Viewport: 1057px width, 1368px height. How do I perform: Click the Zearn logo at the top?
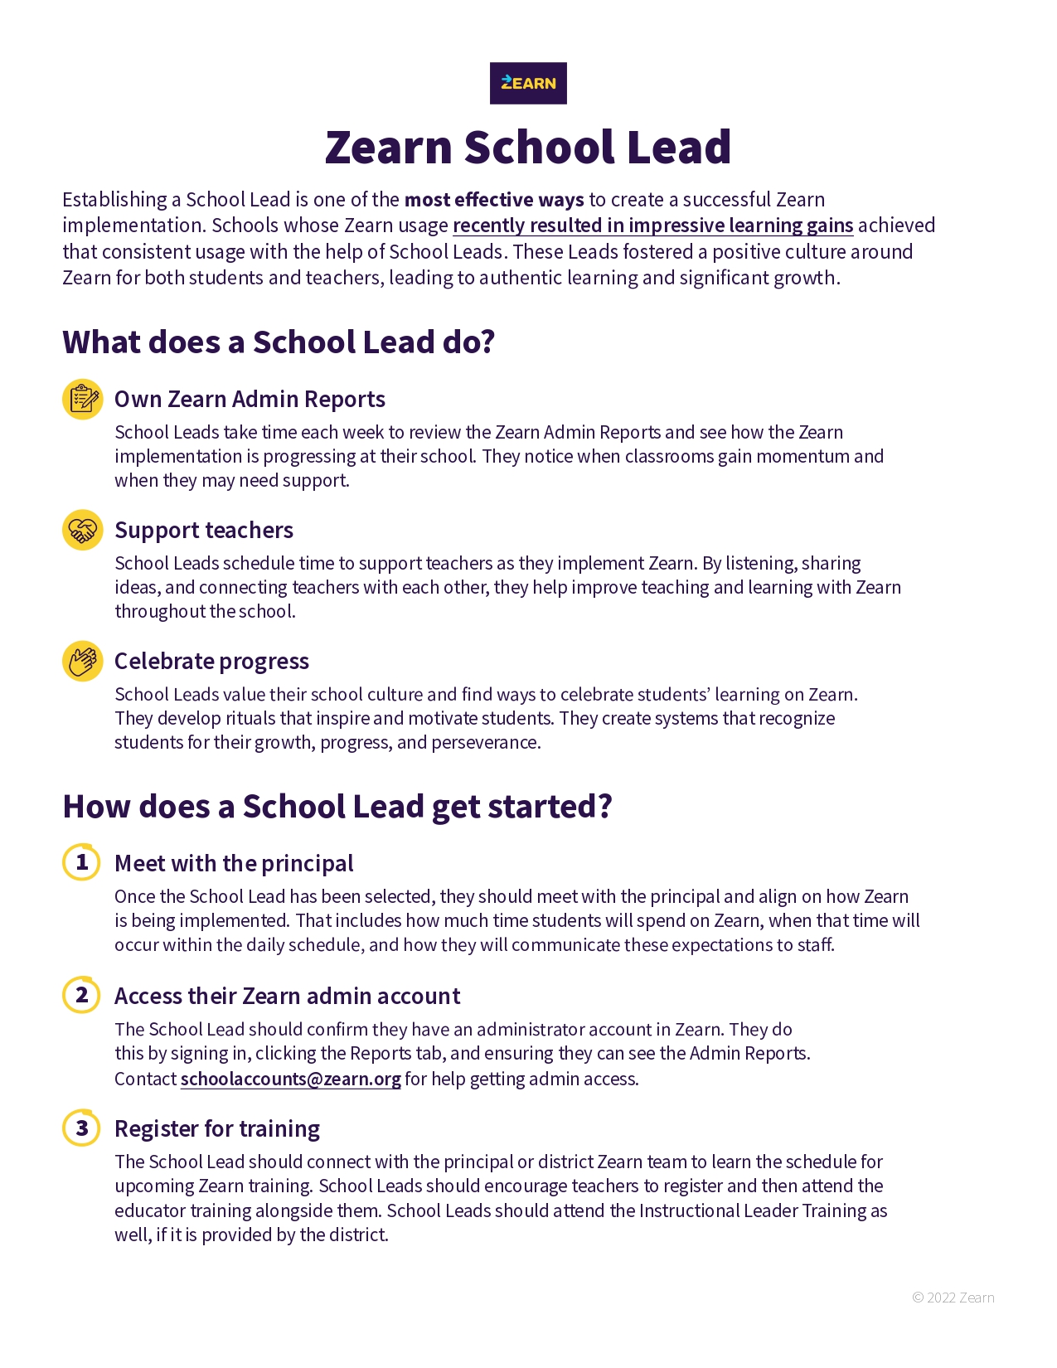(x=528, y=83)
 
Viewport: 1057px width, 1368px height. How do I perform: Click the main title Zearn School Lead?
(x=528, y=147)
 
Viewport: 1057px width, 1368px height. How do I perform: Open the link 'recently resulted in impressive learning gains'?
(x=652, y=226)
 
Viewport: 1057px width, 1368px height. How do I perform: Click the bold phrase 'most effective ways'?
(x=494, y=200)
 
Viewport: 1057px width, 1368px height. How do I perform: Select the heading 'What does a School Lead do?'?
(x=279, y=342)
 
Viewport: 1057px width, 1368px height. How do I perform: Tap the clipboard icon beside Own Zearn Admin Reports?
(x=83, y=400)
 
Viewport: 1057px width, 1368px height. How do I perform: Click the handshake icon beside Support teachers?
(x=83, y=530)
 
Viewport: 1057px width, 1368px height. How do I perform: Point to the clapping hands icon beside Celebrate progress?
(x=83, y=661)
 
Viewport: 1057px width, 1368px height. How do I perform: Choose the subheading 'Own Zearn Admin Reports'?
(x=250, y=400)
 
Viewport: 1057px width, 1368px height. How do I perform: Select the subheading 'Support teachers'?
(x=204, y=531)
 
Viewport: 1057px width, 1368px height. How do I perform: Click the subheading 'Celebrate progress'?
(x=211, y=662)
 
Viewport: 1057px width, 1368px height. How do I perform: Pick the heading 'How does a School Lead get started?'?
(x=337, y=807)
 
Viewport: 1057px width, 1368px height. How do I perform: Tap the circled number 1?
(x=82, y=862)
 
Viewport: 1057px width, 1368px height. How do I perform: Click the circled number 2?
(x=82, y=995)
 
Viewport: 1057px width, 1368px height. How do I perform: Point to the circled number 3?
(x=82, y=1128)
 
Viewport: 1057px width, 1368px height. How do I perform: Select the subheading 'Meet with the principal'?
(x=234, y=864)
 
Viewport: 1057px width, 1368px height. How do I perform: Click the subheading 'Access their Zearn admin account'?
(x=287, y=997)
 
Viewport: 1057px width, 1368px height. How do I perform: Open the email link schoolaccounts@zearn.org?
(x=290, y=1079)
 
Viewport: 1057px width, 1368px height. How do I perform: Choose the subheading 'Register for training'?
(x=217, y=1129)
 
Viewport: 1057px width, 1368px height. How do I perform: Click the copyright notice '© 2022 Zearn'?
(x=953, y=1298)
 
